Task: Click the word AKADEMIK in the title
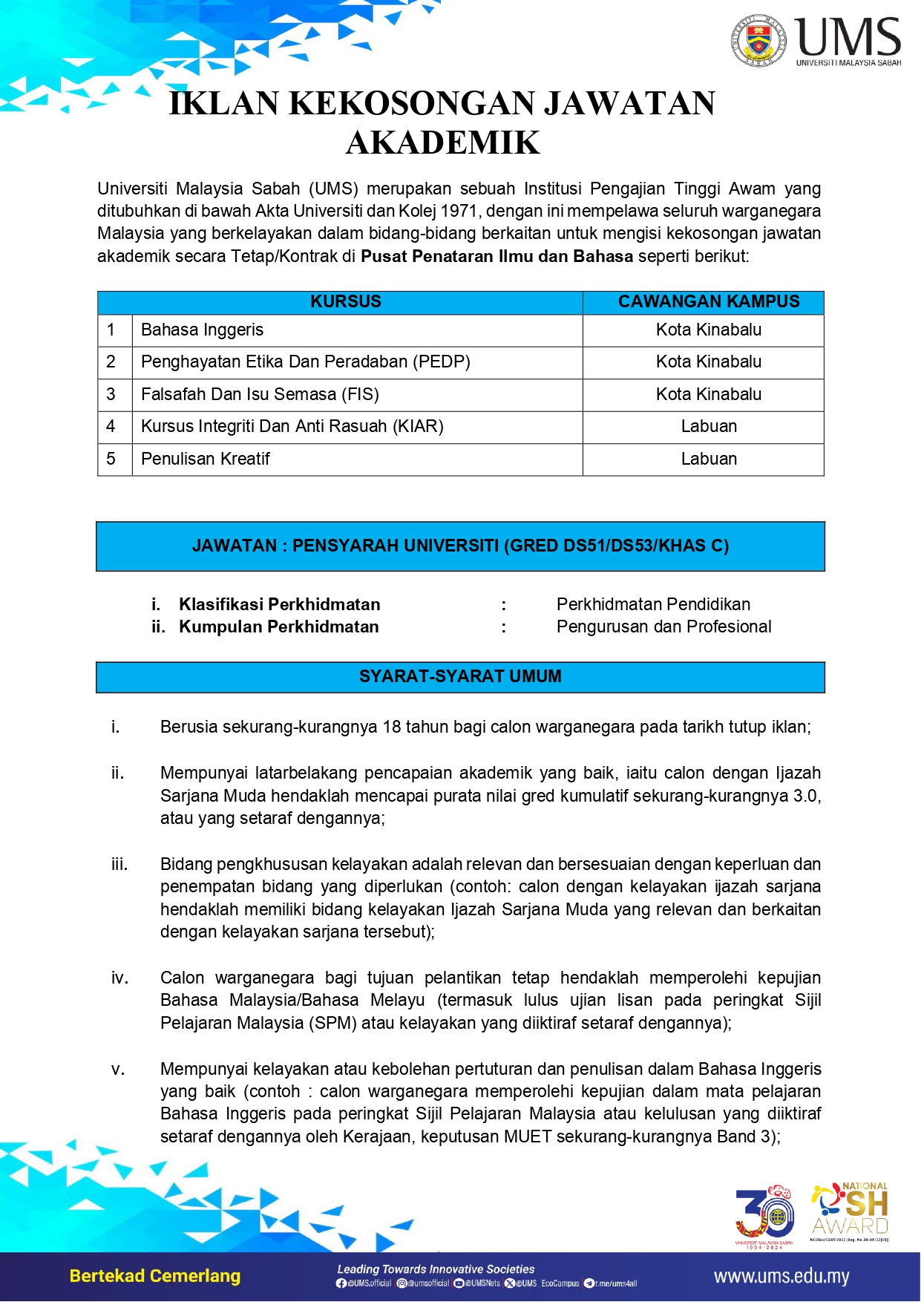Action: [443, 143]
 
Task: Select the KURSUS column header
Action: [345, 301]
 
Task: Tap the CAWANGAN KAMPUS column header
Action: [709, 301]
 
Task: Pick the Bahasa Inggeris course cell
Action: [202, 330]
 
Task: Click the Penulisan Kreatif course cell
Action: [205, 459]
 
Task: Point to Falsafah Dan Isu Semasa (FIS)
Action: [260, 394]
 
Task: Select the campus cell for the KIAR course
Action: [709, 426]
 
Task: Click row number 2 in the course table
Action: [111, 362]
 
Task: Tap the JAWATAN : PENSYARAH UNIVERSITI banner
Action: [460, 546]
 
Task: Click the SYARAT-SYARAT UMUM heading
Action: [460, 676]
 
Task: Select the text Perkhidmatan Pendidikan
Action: [653, 604]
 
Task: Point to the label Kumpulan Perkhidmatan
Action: [278, 627]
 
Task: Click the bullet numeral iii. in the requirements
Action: [119, 864]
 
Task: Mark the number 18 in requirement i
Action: [392, 727]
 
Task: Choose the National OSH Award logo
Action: [850, 1210]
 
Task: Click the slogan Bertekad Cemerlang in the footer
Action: [154, 1276]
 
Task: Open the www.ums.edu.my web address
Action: [781, 1277]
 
